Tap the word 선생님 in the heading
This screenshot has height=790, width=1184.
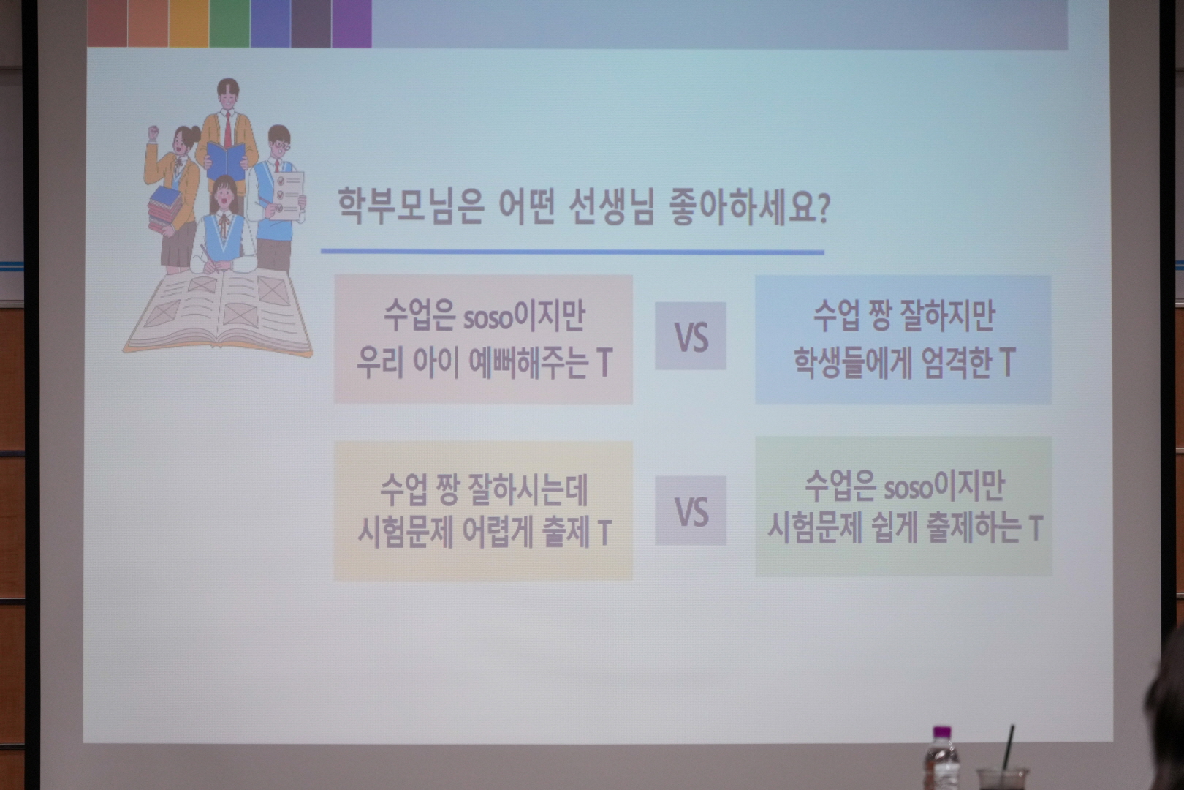[x=612, y=206]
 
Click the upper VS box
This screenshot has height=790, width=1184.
[x=691, y=336]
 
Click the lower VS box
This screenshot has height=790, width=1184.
[x=691, y=511]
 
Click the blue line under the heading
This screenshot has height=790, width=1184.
[x=572, y=252]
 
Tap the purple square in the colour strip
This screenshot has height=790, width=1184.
[x=352, y=23]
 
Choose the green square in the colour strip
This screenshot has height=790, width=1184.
[x=229, y=23]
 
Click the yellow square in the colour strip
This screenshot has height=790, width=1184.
[x=189, y=23]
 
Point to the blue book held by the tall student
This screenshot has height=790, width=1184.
[x=226, y=160]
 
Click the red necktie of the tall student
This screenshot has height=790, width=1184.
[x=227, y=129]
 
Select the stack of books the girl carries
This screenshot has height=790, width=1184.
[x=165, y=209]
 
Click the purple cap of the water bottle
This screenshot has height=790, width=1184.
[x=942, y=732]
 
